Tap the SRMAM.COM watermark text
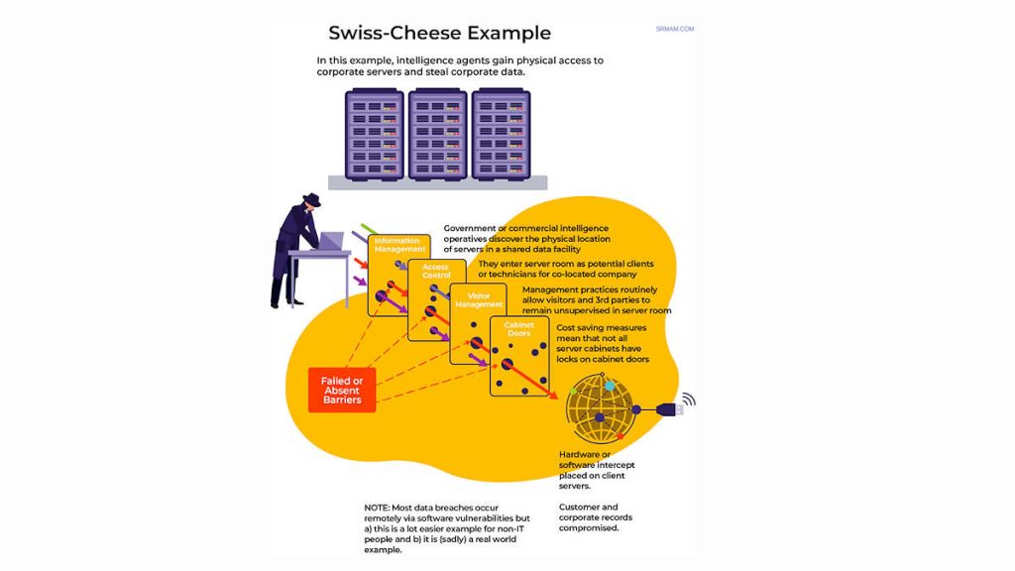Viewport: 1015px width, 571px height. [x=674, y=29]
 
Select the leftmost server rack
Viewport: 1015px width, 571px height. [x=374, y=134]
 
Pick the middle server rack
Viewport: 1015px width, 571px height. [x=437, y=134]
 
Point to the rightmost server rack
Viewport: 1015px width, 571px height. [x=501, y=134]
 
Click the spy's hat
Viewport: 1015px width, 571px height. [x=310, y=199]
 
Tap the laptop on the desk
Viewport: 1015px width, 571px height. [x=330, y=241]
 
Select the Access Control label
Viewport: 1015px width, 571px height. [x=436, y=271]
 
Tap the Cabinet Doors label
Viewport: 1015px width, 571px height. [x=519, y=329]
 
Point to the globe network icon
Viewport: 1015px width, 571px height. [x=599, y=409]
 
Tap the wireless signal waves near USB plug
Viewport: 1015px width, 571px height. [x=689, y=400]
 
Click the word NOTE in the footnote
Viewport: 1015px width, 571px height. [x=377, y=508]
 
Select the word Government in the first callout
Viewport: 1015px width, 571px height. [x=474, y=229]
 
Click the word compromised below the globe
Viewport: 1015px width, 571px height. [x=589, y=528]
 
